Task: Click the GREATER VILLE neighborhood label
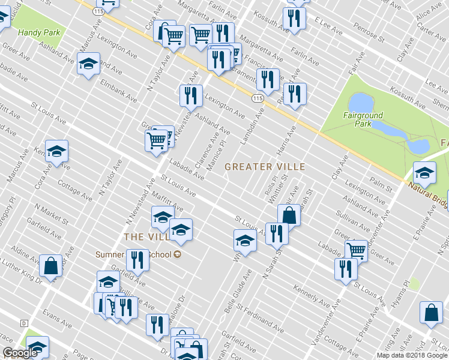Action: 265,167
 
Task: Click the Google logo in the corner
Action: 20,353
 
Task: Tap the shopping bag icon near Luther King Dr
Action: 50,265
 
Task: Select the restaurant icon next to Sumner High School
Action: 137,259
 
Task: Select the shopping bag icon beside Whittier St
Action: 289,214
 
